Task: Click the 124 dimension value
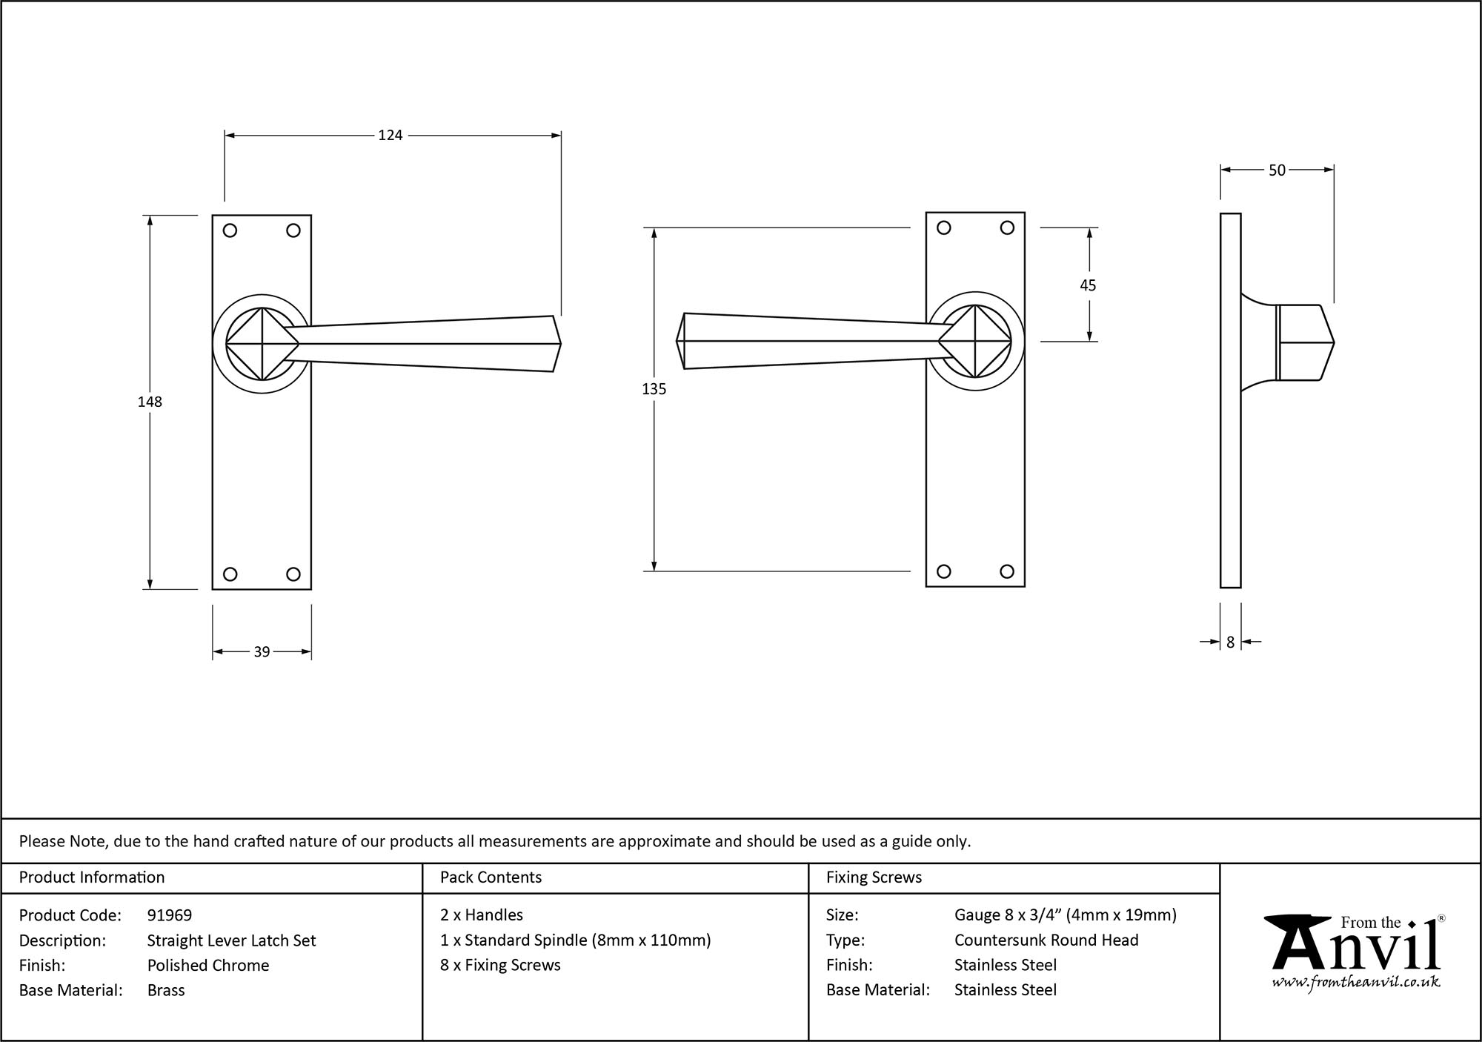point(390,135)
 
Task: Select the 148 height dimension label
point(150,402)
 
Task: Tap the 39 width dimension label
point(262,652)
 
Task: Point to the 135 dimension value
point(654,389)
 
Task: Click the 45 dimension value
point(1088,285)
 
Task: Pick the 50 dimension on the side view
point(1277,170)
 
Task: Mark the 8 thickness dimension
point(1230,643)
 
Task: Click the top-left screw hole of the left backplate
point(230,230)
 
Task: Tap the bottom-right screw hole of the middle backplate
point(1006,571)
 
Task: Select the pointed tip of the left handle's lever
point(559,344)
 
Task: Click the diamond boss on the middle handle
point(974,342)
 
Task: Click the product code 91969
point(170,915)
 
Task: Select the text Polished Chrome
point(208,965)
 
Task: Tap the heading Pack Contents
point(491,877)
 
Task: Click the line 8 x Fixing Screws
point(500,965)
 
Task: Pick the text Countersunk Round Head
point(1046,940)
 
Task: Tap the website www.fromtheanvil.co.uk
point(1355,983)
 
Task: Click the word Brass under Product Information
point(166,990)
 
